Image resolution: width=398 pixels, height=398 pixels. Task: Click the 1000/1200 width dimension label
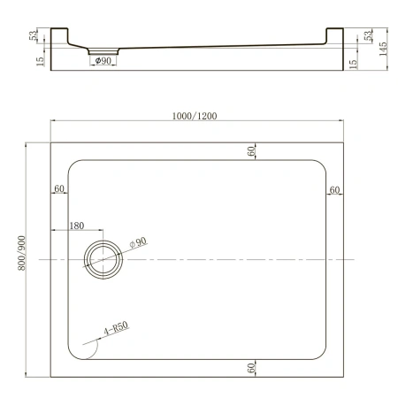(x=195, y=114)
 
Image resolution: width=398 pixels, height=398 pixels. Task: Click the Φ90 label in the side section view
(x=102, y=61)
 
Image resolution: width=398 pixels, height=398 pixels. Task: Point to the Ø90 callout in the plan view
(x=137, y=241)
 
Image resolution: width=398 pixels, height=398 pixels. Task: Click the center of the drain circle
(x=105, y=257)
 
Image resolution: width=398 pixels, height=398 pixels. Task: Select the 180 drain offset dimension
(x=78, y=226)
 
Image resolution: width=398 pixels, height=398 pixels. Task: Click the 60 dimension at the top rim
(x=252, y=151)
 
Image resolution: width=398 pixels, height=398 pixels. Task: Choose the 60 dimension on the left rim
(x=59, y=189)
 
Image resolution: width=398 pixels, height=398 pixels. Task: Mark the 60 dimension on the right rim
(x=334, y=189)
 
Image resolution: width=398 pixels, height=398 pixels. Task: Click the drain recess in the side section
(x=102, y=51)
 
